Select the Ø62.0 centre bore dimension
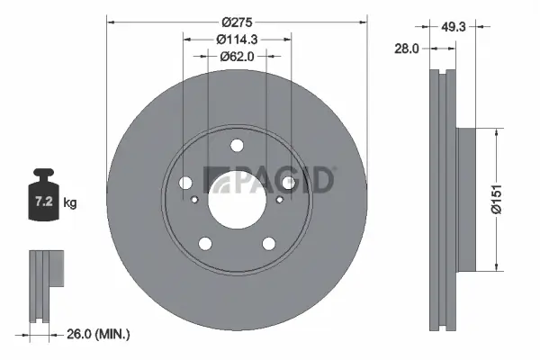[x=237, y=56]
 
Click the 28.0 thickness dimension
[x=408, y=49]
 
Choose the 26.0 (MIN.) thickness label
[x=99, y=334]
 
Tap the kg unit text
[x=70, y=203]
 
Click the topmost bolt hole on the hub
[x=237, y=146]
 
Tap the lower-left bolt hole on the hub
[x=206, y=243]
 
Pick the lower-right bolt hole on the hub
[x=268, y=243]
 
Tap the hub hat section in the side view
[x=469, y=198]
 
